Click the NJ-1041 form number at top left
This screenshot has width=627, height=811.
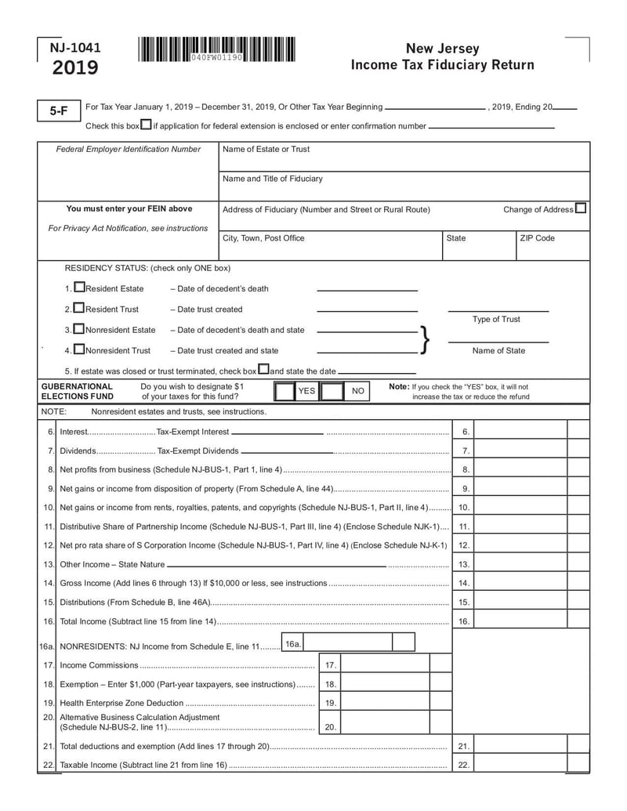[75, 48]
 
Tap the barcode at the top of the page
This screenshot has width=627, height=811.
[217, 49]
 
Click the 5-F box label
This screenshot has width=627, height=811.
[59, 111]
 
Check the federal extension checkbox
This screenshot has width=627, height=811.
[146, 125]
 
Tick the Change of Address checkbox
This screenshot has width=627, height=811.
[580, 208]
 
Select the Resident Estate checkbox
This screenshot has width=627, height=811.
[79, 288]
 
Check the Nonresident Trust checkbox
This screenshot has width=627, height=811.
[79, 349]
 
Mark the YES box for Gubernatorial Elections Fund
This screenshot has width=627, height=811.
[285, 390]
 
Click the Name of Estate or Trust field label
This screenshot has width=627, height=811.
[266, 149]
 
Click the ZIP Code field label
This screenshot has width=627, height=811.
[537, 238]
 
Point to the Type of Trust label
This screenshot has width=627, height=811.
[496, 319]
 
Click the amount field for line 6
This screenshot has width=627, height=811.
[520, 432]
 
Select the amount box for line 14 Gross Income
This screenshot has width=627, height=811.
[520, 583]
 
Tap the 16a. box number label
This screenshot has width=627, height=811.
[292, 643]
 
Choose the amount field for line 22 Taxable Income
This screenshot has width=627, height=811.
[520, 765]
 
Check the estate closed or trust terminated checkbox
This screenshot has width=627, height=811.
[263, 370]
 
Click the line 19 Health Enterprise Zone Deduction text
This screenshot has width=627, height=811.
[121, 703]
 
